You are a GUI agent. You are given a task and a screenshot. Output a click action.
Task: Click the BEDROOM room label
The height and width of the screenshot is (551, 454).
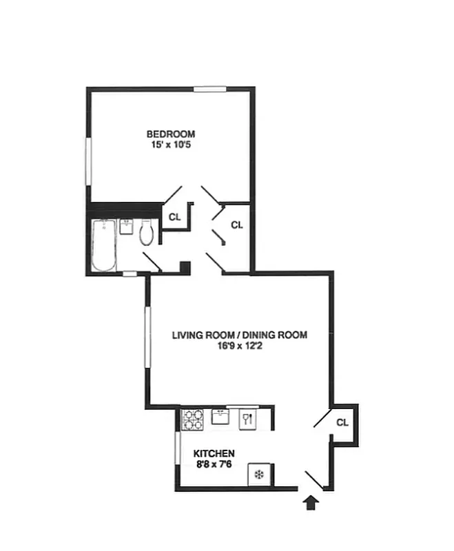[x=170, y=134]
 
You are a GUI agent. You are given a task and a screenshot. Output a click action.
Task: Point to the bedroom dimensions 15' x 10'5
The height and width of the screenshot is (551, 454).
[x=170, y=145]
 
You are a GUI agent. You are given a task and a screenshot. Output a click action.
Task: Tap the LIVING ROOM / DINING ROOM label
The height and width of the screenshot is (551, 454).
[x=239, y=335]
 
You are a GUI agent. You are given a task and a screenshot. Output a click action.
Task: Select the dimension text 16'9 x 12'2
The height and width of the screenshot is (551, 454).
[x=239, y=347]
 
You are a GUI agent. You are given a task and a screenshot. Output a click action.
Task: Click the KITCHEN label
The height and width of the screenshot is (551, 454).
[x=214, y=454]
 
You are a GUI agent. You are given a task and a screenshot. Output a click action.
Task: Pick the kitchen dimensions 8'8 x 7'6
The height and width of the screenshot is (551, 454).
[x=214, y=465]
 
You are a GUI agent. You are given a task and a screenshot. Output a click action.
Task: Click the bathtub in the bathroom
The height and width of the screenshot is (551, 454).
[x=105, y=246]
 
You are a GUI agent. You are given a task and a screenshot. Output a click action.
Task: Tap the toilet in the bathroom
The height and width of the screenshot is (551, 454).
[x=146, y=233]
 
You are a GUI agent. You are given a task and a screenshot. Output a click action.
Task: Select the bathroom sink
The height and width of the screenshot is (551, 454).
[x=126, y=227]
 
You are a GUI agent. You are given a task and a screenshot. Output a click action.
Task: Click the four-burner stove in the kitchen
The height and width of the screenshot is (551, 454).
[x=193, y=419]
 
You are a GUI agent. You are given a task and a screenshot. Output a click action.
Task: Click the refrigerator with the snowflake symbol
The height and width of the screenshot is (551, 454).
[x=259, y=475]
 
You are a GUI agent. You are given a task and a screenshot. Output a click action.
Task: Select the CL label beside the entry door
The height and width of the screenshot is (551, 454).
[x=342, y=422]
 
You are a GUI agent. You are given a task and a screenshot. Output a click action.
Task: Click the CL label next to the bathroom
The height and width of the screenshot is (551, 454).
[x=174, y=216]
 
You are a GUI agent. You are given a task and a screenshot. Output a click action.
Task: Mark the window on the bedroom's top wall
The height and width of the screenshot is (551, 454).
[x=209, y=88]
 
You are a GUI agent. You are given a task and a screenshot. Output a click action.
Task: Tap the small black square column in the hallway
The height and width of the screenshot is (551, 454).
[x=184, y=267]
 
